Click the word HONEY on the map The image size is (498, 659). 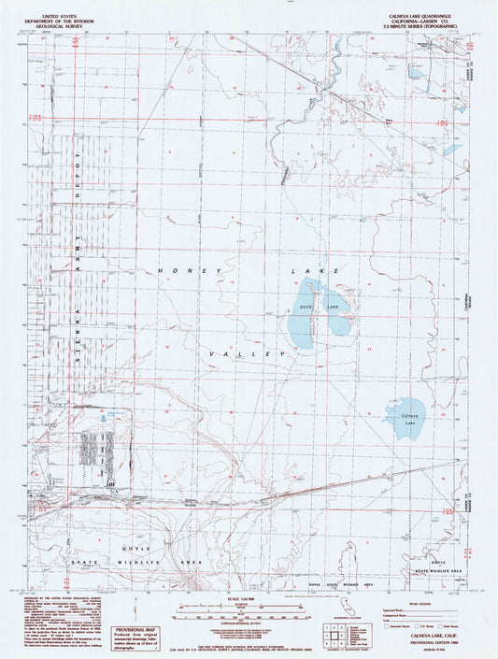176,271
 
